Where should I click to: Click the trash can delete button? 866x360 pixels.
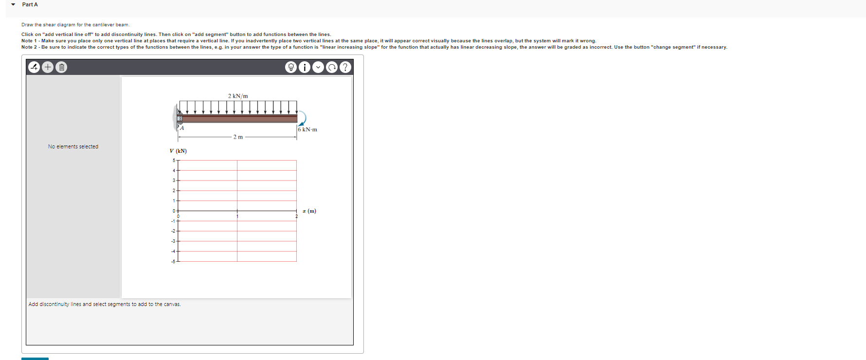61,67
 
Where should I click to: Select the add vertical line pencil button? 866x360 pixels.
34,67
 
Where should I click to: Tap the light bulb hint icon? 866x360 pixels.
291,67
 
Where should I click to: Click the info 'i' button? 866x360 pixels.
305,67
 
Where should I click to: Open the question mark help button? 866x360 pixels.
345,67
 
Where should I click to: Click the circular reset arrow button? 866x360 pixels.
332,67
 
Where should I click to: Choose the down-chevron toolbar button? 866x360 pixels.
318,67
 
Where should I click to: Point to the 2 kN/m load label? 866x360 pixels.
238,96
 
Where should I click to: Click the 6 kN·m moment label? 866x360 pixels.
307,129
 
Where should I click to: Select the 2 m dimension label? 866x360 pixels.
238,137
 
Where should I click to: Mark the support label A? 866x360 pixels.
182,128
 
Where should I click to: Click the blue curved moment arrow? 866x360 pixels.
303,119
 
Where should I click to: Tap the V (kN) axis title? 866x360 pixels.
178,151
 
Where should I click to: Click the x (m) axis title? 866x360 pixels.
309,211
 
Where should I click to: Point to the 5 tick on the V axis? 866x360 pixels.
174,161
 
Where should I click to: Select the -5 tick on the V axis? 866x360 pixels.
173,262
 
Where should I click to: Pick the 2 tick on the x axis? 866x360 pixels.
296,216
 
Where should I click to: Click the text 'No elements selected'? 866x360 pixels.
73,146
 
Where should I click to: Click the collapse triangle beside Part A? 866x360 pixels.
13,5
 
